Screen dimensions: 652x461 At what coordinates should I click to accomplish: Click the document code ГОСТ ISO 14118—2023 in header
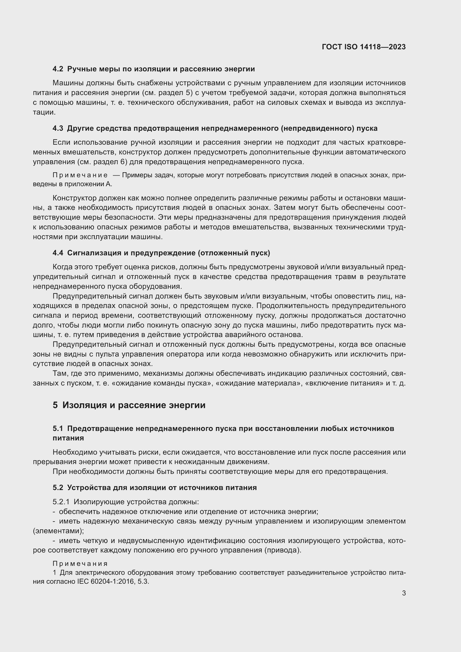coord(364,47)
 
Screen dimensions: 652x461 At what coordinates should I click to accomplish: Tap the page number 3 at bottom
coord(404,593)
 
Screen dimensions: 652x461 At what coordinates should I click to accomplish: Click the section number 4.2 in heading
coord(58,69)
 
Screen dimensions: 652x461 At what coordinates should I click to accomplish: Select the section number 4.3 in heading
coord(58,128)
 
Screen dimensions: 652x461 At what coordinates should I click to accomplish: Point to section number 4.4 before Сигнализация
coord(58,253)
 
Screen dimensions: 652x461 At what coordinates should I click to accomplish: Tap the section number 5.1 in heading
coord(58,428)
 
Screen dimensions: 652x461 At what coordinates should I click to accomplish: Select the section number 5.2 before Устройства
coord(58,488)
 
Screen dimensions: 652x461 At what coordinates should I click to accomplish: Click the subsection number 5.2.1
coord(61,502)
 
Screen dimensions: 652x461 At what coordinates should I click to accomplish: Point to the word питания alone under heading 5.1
coord(68,438)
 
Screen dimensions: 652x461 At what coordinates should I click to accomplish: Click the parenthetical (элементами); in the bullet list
coord(58,531)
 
